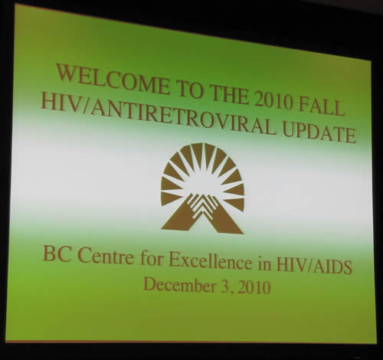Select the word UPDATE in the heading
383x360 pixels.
319,133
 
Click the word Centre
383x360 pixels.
106,256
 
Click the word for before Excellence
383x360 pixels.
152,258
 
